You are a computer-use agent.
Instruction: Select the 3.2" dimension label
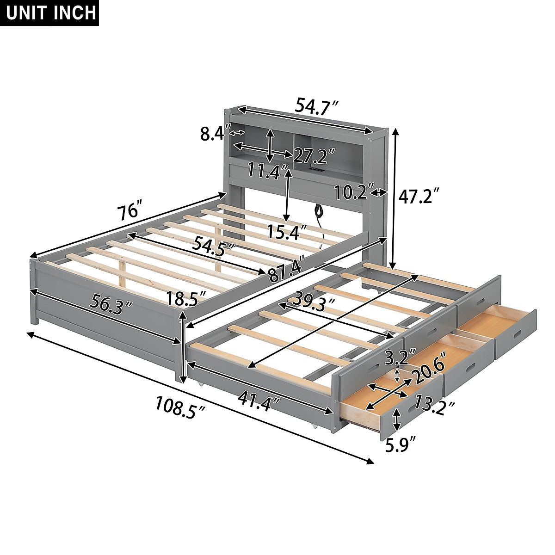[396, 358]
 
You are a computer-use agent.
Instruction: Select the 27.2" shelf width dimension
[311, 156]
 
